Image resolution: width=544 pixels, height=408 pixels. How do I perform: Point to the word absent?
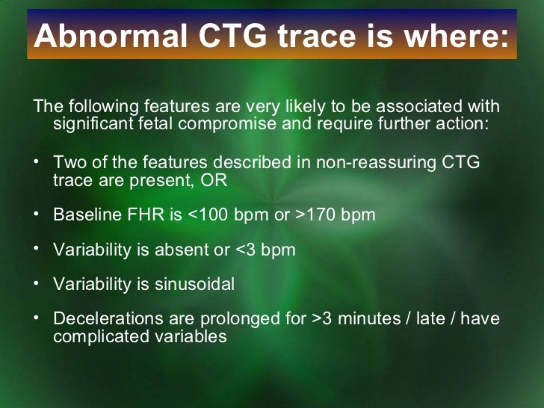pyautogui.click(x=177, y=250)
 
